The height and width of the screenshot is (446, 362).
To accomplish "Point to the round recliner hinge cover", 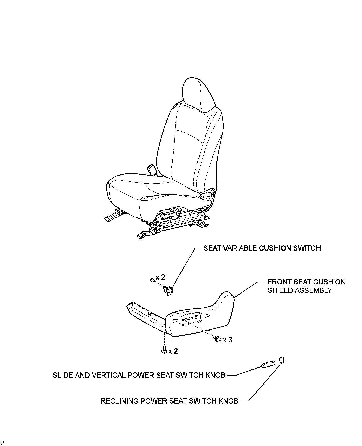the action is tap(209, 195).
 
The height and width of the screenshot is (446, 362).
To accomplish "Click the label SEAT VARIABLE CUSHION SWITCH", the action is tap(262, 248).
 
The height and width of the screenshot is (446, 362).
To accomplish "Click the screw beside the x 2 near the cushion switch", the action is tap(152, 280).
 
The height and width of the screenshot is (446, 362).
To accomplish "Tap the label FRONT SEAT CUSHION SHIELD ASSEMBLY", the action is tap(306, 286).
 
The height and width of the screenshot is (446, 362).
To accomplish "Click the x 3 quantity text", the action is tap(228, 340).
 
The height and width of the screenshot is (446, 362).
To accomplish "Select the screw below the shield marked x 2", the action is tap(164, 350).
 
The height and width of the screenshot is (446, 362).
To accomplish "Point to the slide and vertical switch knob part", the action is tap(268, 364).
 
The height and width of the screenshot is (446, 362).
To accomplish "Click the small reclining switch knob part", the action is tap(281, 360).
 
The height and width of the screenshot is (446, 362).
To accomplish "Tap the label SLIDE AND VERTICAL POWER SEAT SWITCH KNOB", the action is tap(139, 375).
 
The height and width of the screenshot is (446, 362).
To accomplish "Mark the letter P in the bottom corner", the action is tap(2, 442).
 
